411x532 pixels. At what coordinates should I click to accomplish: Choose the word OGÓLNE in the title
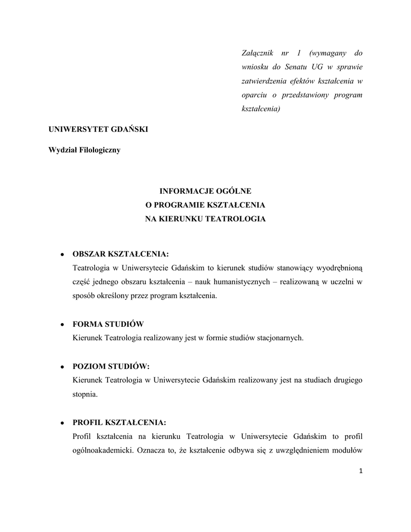(233, 192)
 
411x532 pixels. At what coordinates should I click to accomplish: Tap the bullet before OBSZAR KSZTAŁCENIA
(62, 254)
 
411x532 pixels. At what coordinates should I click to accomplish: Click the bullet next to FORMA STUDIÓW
(62, 324)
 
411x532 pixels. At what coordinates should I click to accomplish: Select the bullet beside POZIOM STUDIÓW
(62, 366)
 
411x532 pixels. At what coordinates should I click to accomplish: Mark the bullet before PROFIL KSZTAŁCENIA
(62, 422)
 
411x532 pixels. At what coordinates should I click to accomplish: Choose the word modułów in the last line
(349, 450)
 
